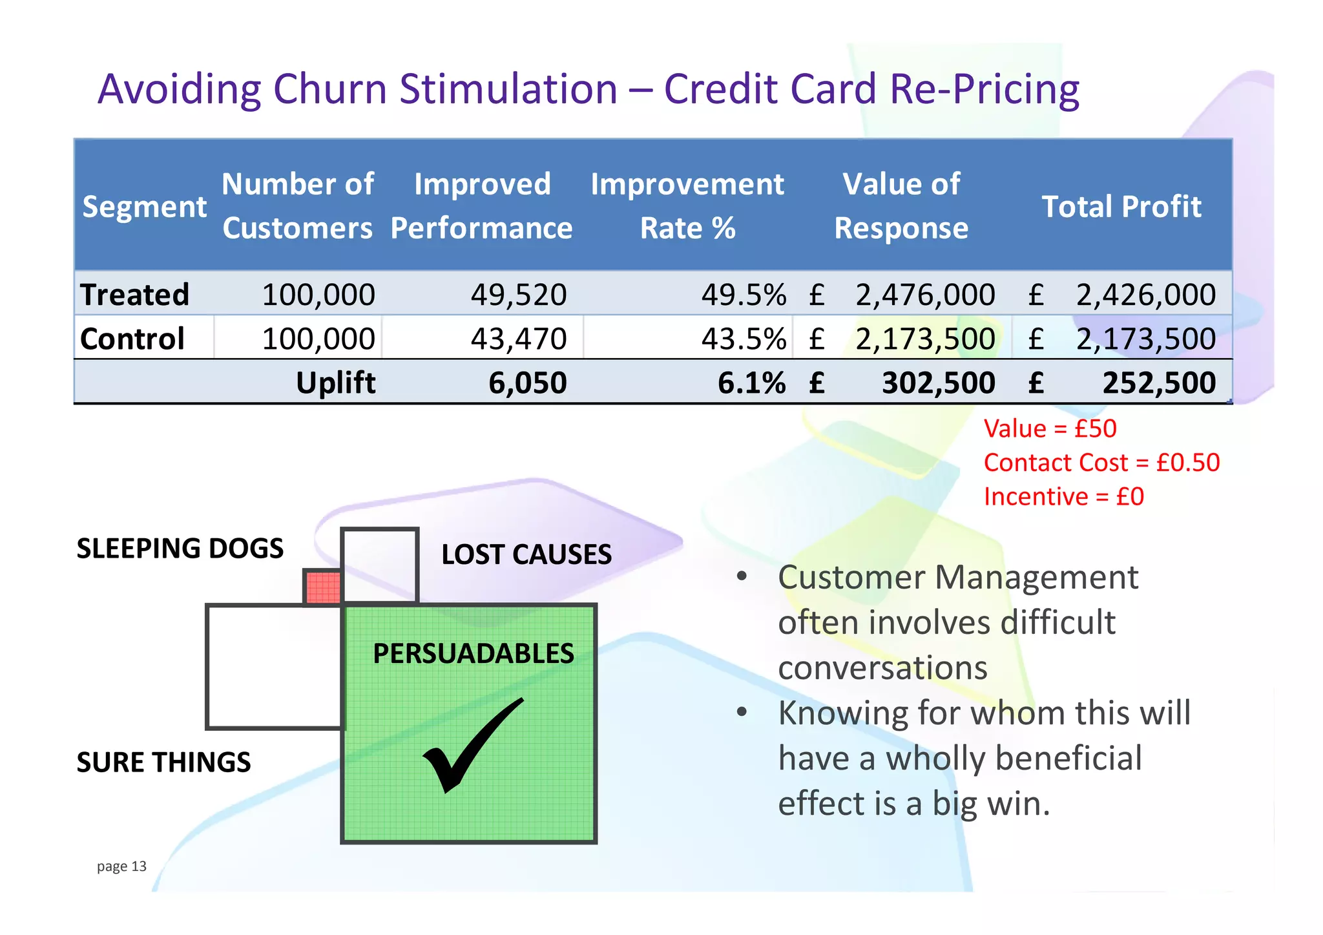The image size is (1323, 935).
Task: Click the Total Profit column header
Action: pos(1121,207)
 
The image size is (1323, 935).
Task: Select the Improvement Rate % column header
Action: pos(687,206)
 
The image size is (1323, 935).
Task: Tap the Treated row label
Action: pos(135,295)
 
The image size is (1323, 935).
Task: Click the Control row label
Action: pos(132,339)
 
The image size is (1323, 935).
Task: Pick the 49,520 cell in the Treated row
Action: pos(518,295)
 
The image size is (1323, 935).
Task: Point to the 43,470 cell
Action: pos(518,339)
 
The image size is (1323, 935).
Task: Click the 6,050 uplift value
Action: pos(527,383)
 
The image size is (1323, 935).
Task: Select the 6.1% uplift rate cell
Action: pos(751,383)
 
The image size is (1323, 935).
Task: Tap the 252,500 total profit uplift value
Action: pos(1158,383)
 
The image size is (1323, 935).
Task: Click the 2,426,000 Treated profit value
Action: pos(1145,295)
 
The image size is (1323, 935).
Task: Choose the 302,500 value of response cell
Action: pos(938,383)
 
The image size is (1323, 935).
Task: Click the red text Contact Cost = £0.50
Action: pos(1101,463)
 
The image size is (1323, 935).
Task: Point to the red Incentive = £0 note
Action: pos(1063,497)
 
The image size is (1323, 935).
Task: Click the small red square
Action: pos(322,587)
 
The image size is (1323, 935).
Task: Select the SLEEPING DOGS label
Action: pos(180,549)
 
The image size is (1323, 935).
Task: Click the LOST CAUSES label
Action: pos(526,554)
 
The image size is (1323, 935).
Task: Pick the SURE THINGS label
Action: pos(163,762)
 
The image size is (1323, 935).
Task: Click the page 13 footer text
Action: pos(121,867)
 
